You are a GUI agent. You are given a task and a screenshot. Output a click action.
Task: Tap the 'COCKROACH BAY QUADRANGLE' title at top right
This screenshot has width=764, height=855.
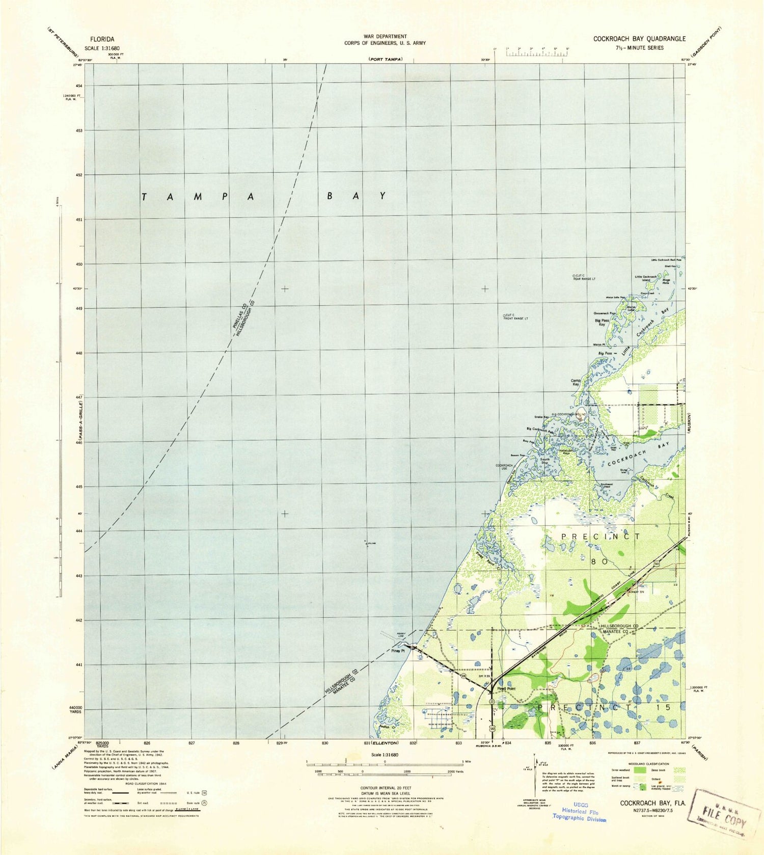[x=639, y=39]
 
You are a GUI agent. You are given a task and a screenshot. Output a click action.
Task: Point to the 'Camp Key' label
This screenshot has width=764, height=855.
[x=576, y=382]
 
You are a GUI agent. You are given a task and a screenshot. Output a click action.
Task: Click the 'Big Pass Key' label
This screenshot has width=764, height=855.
[x=602, y=322]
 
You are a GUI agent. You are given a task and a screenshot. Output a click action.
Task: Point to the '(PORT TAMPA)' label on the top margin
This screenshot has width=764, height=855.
[x=386, y=60]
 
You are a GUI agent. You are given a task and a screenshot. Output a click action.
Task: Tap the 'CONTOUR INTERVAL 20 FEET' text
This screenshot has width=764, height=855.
[x=385, y=787]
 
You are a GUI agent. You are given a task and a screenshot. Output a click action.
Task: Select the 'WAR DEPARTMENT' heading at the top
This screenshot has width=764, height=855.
[x=385, y=36]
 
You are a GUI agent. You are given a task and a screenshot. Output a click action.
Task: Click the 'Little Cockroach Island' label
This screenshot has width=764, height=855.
[x=646, y=278]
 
